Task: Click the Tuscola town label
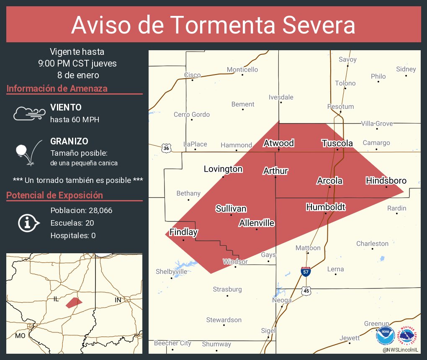[337, 143]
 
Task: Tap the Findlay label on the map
[183, 232]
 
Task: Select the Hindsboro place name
[386, 181]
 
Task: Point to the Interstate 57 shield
[306, 271]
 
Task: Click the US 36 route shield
[166, 148]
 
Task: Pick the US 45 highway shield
[307, 291]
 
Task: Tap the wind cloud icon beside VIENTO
[29, 113]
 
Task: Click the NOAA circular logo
[385, 336]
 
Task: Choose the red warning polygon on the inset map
[74, 302]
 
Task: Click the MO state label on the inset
[20, 336]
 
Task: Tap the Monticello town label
[242, 69]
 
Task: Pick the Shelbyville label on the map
[172, 271]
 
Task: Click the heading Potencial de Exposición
[54, 195]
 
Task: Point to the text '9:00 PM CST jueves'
[77, 64]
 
